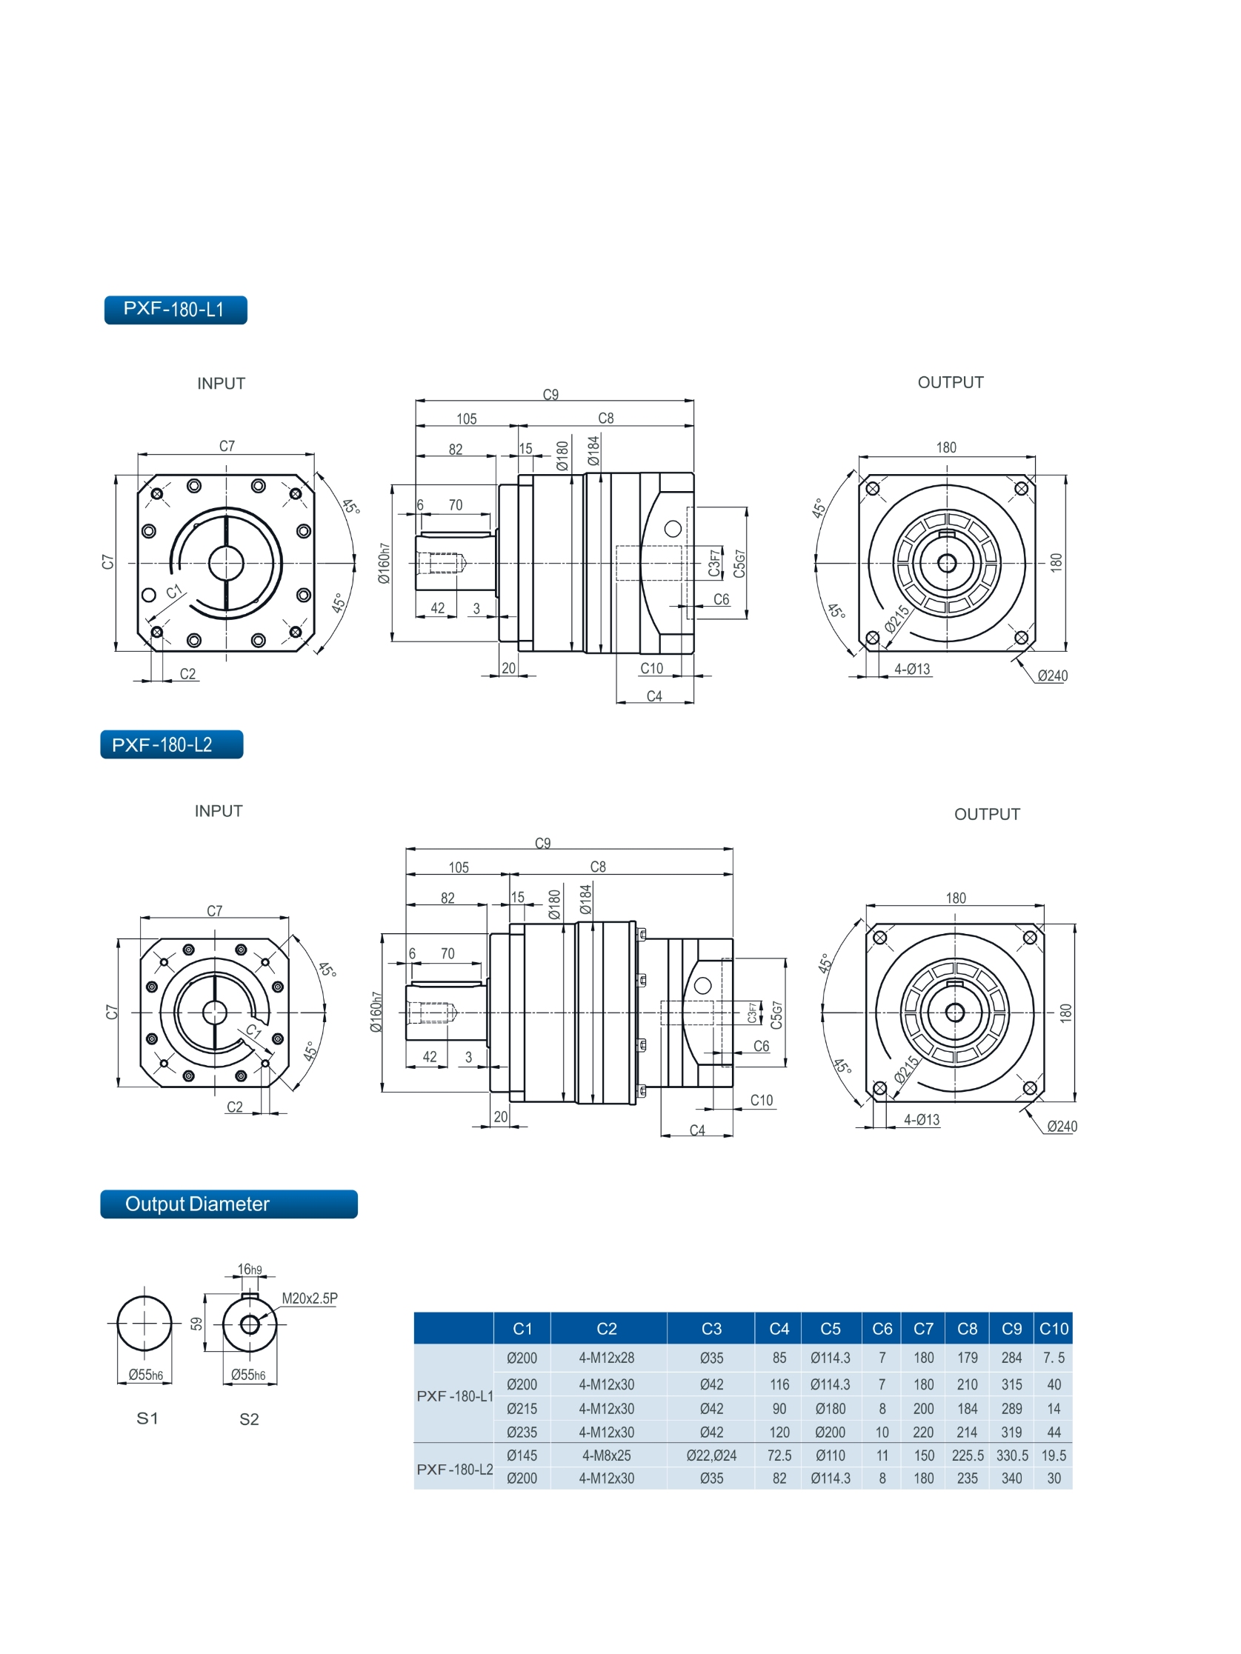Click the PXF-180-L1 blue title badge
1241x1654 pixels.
click(175, 310)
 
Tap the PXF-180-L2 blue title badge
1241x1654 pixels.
click(171, 744)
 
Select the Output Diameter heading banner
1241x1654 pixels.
click(228, 1204)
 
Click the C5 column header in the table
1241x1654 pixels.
click(830, 1329)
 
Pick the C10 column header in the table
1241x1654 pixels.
click(1054, 1329)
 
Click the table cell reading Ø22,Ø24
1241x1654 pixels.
click(711, 1455)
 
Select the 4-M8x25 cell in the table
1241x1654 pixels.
click(606, 1455)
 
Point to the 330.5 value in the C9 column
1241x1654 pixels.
click(1011, 1455)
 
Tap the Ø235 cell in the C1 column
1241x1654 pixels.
click(522, 1432)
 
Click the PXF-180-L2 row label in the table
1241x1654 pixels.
click(454, 1470)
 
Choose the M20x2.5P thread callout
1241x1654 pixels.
click(309, 1298)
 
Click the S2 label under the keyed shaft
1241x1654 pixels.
click(249, 1419)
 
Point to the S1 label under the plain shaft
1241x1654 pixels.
click(147, 1418)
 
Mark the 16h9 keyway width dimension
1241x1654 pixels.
click(249, 1269)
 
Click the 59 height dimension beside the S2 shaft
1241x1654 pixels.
click(197, 1324)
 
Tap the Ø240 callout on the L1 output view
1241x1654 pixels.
click(1052, 676)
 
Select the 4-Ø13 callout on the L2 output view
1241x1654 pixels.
click(921, 1119)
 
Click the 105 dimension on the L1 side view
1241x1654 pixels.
click(466, 418)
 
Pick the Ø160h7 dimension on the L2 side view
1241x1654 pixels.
click(376, 1013)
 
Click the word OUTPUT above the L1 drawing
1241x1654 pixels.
click(950, 382)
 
